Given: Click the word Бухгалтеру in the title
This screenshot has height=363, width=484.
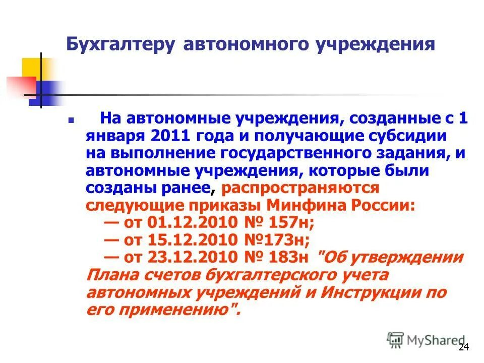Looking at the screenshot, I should (x=121, y=44).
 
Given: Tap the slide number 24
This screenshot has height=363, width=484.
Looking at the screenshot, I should (x=464, y=347).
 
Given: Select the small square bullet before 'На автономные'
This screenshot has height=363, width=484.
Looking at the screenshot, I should (x=71, y=121).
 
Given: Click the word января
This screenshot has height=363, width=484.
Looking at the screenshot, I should (x=114, y=136).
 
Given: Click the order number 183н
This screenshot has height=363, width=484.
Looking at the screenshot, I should (x=286, y=257).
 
